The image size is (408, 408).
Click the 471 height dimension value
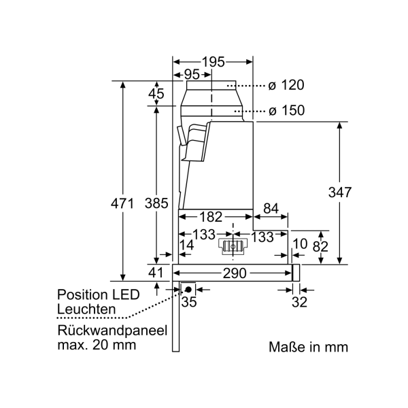(122, 202)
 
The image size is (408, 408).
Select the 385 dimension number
(156, 202)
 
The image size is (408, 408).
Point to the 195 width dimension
(212, 62)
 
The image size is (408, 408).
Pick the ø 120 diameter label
(286, 86)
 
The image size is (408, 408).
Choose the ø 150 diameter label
(286, 110)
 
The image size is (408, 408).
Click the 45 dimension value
(156, 95)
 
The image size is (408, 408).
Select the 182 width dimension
(211, 218)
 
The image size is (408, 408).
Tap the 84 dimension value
(270, 208)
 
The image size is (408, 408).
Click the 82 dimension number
(320, 246)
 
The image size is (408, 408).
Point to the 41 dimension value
(156, 273)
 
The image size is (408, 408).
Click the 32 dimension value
(300, 303)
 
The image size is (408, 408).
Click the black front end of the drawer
(296, 273)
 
